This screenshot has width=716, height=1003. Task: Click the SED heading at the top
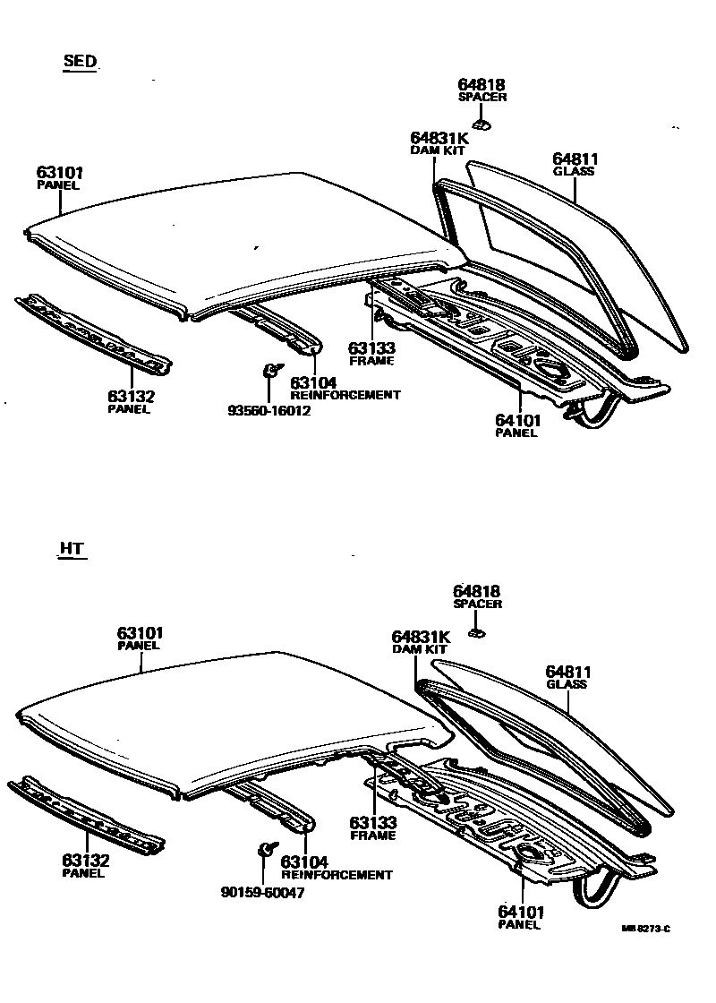coord(79,62)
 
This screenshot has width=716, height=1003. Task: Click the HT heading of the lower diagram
coord(72,549)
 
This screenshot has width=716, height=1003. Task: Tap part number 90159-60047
coord(262,893)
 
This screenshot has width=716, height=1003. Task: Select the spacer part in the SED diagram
coord(482,124)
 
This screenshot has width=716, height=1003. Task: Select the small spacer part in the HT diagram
coord(477,632)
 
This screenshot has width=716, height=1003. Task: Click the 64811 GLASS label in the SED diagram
coord(574,164)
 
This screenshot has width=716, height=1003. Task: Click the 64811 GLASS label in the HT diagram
coord(568,677)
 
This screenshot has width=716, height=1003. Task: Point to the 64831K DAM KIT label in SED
coord(439,143)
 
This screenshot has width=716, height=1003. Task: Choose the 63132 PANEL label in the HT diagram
coord(85,866)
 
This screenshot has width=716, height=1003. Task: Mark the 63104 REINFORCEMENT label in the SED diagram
coord(345,388)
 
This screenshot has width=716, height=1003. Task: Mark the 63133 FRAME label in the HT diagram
coord(372,828)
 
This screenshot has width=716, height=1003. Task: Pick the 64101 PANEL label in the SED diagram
coord(516,424)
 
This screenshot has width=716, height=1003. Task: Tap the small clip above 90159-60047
coord(266,850)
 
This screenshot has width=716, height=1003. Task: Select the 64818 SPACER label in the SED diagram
coord(482,90)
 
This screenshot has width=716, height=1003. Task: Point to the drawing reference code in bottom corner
coord(646,929)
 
